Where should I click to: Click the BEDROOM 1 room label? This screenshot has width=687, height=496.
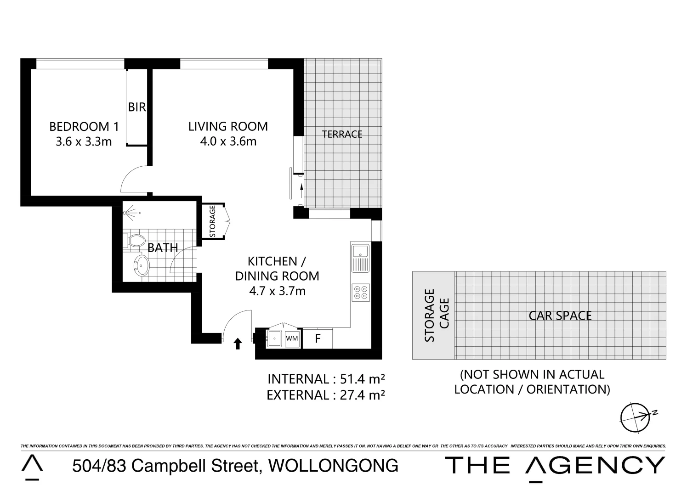point(80,126)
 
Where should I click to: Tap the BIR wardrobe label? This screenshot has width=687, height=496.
point(136,107)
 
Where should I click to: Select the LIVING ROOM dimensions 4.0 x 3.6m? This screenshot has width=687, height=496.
point(228,141)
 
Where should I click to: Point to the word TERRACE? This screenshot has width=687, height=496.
point(342,134)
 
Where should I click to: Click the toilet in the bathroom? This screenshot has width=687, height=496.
point(134,241)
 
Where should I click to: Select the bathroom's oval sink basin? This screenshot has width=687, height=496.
point(141,265)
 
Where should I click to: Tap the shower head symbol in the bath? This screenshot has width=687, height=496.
point(131,213)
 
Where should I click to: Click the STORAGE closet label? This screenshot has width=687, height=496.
point(212,221)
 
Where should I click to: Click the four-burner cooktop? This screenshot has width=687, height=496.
point(360,293)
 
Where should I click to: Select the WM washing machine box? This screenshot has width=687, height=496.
point(292,339)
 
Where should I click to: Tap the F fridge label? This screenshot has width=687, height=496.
point(317,339)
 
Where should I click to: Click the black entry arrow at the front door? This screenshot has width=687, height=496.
point(238,344)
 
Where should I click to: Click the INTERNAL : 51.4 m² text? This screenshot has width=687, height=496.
point(326,379)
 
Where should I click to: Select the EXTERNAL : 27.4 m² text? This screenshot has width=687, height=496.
point(325,395)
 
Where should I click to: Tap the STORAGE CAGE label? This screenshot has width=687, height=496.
point(436,316)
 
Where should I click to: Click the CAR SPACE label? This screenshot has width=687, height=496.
point(560,316)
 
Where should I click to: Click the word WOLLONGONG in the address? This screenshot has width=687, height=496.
point(333,466)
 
